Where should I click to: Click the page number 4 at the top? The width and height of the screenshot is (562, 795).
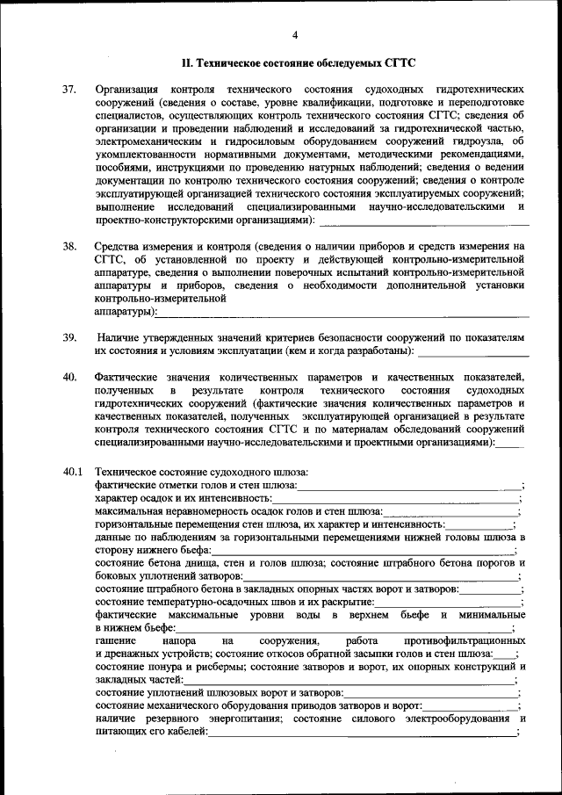click(x=295, y=34)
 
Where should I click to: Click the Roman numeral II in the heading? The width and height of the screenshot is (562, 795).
click(x=186, y=63)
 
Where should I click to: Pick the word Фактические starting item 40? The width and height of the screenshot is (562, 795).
click(x=128, y=377)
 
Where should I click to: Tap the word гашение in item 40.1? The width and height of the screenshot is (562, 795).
click(x=116, y=641)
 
